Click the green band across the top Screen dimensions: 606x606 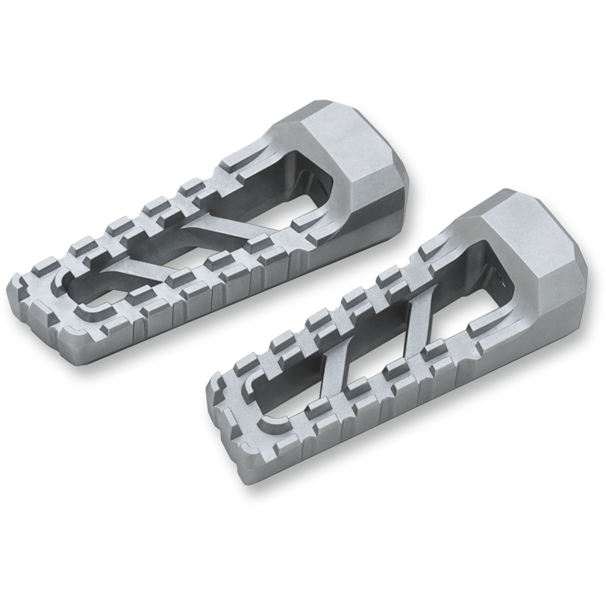click(x=303, y=48)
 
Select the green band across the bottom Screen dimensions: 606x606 click(x=303, y=557)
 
